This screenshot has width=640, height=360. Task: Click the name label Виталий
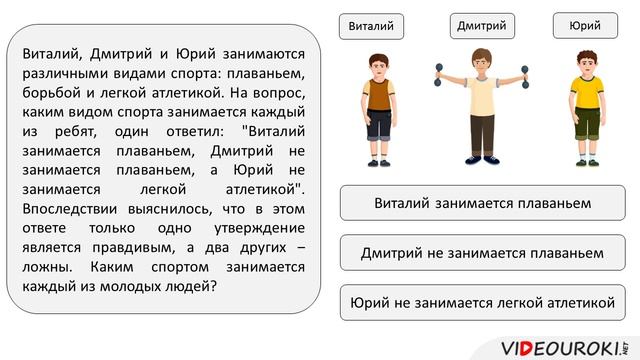coord(371,25)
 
